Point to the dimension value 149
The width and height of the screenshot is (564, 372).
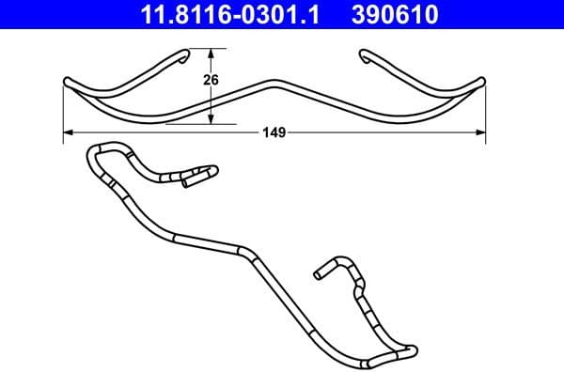click(x=274, y=133)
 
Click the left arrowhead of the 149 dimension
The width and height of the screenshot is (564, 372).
click(x=69, y=133)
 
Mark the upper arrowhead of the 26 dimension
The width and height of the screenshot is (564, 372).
click(x=211, y=54)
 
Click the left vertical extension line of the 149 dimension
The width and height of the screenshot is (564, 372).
click(x=63, y=113)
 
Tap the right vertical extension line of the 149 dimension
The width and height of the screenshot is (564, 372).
click(x=486, y=113)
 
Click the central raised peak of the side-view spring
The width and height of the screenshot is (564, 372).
click(x=274, y=82)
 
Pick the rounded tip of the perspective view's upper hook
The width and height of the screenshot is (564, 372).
click(x=214, y=170)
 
